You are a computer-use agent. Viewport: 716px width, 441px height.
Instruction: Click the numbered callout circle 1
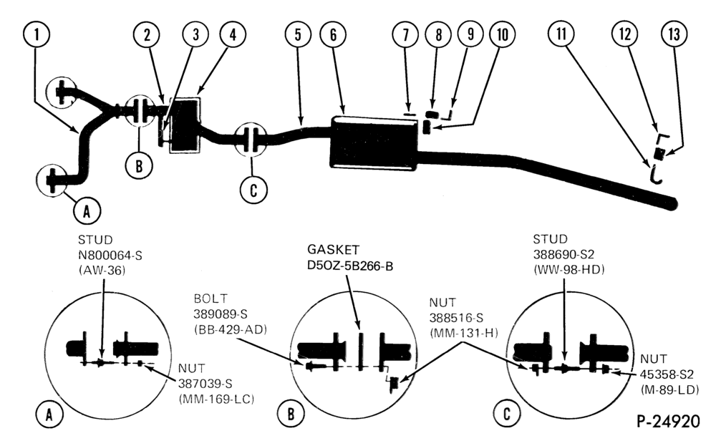click(x=36, y=34)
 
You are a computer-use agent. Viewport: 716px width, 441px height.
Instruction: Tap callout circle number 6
click(x=333, y=34)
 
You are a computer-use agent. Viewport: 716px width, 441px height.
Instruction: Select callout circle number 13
click(x=674, y=34)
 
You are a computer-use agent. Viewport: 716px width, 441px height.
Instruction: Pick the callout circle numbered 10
click(x=503, y=34)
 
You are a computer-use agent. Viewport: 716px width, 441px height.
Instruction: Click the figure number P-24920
click(x=667, y=421)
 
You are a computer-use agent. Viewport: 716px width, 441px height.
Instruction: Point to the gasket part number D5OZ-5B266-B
click(x=350, y=266)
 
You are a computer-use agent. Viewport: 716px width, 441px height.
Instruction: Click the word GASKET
click(x=333, y=249)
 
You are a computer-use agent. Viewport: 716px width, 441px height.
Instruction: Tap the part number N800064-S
click(x=110, y=255)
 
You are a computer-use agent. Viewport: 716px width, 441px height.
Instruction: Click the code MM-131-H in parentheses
click(x=463, y=334)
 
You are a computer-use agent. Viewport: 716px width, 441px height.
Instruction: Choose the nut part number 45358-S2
click(x=667, y=374)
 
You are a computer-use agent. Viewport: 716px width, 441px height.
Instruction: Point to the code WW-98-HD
click(x=569, y=270)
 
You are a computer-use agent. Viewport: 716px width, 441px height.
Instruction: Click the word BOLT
click(x=210, y=299)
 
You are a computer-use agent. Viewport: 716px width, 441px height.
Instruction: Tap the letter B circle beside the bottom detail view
click(x=291, y=414)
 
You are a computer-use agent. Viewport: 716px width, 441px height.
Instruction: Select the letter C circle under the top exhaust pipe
click(x=253, y=190)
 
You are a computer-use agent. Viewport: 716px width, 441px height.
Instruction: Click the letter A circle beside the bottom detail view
click(x=49, y=414)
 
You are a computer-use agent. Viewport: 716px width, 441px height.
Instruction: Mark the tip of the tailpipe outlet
click(x=675, y=203)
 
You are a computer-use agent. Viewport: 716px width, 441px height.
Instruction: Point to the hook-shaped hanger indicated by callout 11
click(x=655, y=175)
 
